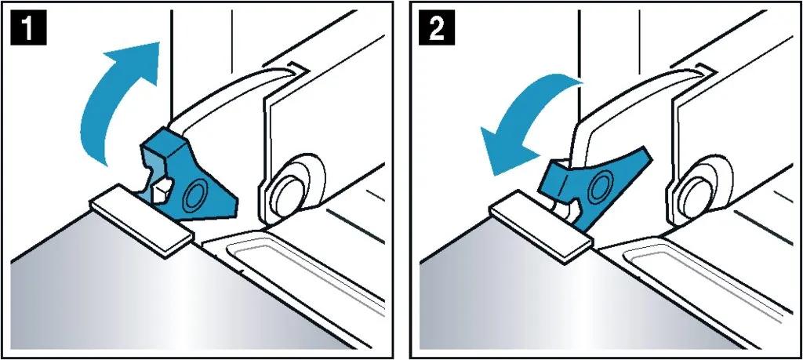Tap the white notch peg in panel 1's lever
pyautogui.click(x=163, y=189)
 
